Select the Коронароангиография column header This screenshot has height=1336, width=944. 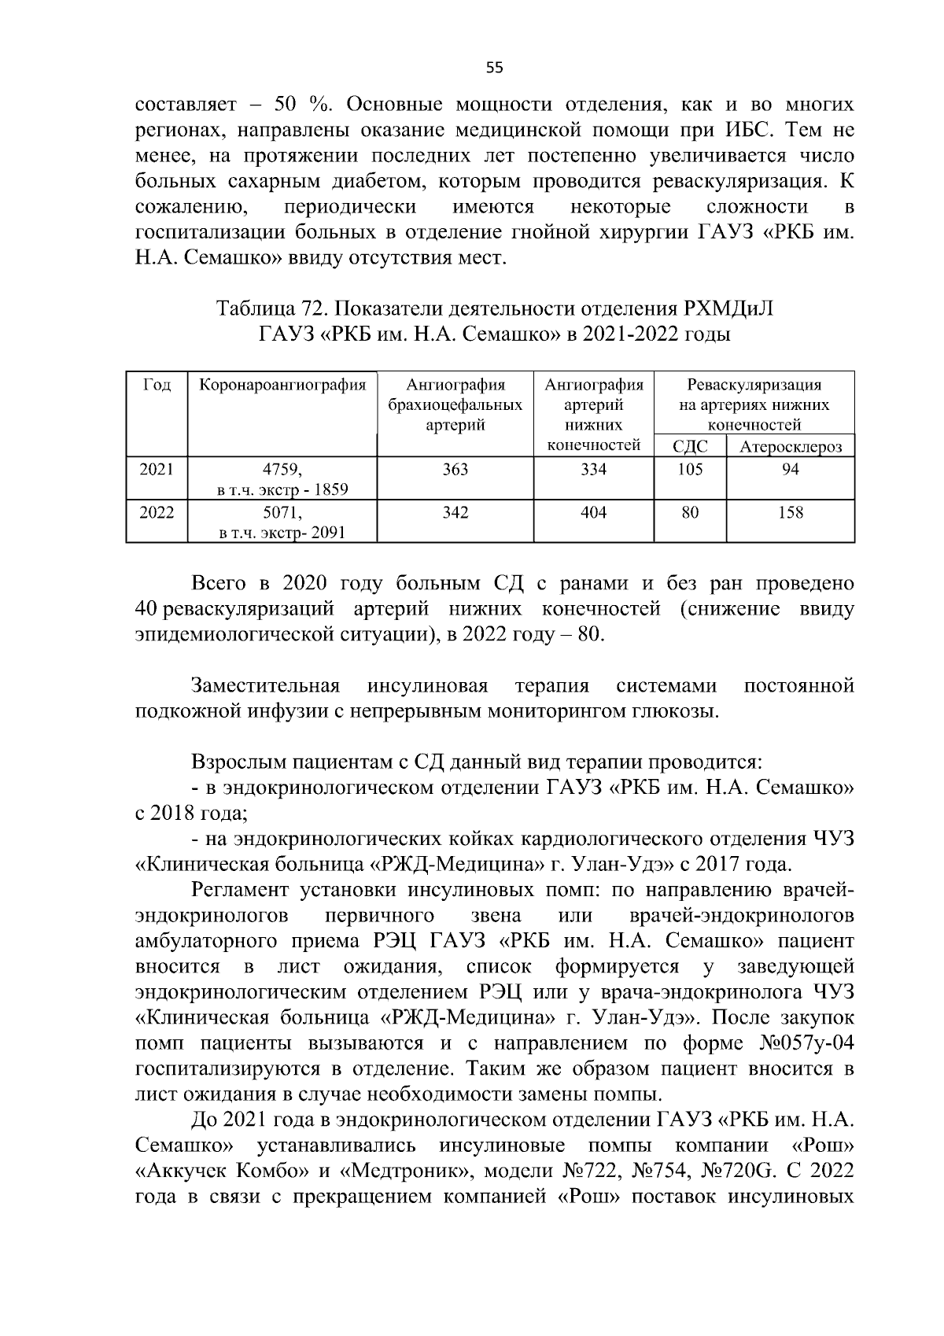pyautogui.click(x=282, y=385)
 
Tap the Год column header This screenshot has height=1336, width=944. pyautogui.click(x=157, y=385)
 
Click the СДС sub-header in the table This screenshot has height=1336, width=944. pyautogui.click(x=690, y=447)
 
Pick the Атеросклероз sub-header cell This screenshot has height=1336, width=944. pyautogui.click(x=790, y=447)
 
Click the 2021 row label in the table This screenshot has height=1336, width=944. pyautogui.click(x=157, y=470)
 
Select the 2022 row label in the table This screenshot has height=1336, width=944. pyautogui.click(x=157, y=513)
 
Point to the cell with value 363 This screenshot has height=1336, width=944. pyautogui.click(x=455, y=470)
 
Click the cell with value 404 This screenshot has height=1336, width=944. pyautogui.click(x=593, y=513)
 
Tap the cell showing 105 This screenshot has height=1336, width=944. pyautogui.click(x=690, y=470)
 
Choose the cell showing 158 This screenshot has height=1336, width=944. pyautogui.click(x=790, y=513)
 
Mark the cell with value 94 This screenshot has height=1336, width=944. pyautogui.click(x=790, y=470)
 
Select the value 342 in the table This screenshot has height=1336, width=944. pyautogui.click(x=455, y=513)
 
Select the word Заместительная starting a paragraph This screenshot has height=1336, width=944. pyautogui.click(x=265, y=686)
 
